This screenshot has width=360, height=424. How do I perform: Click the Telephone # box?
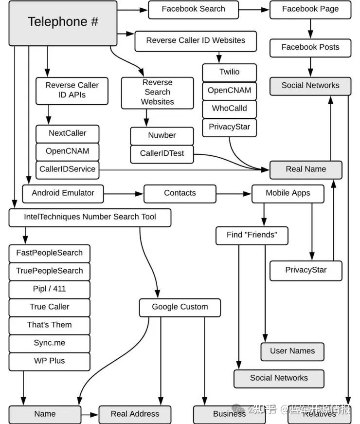[63, 23]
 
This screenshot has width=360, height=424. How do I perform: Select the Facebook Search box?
[193, 9]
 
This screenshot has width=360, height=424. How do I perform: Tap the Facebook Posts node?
[310, 48]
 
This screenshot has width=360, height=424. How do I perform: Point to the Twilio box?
[229, 72]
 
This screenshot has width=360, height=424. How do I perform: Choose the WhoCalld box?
[229, 109]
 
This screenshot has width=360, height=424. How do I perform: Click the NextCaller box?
[67, 133]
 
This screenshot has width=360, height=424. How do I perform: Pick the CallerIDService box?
[67, 169]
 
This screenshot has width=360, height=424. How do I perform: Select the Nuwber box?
[162, 136]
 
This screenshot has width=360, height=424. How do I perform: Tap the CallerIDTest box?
[162, 154]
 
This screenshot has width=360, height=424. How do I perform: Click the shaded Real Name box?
[306, 169]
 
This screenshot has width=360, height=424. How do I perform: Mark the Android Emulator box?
[63, 193]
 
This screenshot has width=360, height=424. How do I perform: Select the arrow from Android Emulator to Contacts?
[124, 194]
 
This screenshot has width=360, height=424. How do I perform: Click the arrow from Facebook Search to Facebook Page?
[254, 9]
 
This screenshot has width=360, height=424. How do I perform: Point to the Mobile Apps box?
[288, 193]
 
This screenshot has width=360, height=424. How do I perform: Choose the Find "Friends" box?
[252, 235]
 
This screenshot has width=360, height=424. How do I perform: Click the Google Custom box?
[180, 307]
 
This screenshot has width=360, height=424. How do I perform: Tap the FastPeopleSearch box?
[49, 253]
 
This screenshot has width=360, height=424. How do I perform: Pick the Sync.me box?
[49, 343]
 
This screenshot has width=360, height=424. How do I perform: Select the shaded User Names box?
[292, 351]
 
